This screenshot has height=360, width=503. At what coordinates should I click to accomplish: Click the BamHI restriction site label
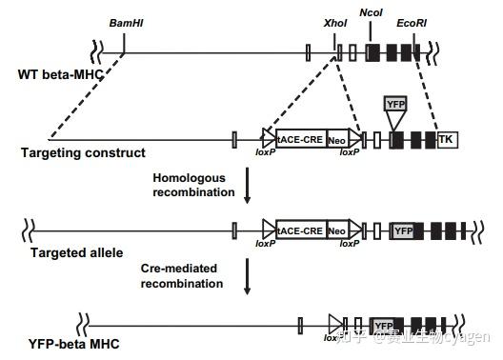point(125,20)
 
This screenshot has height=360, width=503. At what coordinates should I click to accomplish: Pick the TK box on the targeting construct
point(446,140)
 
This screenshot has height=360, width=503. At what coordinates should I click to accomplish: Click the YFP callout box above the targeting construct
point(395,104)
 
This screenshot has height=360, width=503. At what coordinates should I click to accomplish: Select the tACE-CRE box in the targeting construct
point(300,140)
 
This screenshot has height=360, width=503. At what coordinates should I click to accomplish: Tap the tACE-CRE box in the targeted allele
point(300,230)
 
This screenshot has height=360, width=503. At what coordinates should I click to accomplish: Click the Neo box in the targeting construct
point(336,140)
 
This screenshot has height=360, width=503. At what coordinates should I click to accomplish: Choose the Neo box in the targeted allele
point(336,230)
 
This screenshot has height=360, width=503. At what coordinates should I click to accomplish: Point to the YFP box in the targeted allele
point(402,230)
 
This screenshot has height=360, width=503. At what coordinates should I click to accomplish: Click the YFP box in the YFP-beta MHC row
point(383,325)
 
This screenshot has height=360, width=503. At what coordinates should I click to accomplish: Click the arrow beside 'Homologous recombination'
point(249,187)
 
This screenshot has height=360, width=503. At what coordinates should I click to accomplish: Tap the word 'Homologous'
point(184,178)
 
